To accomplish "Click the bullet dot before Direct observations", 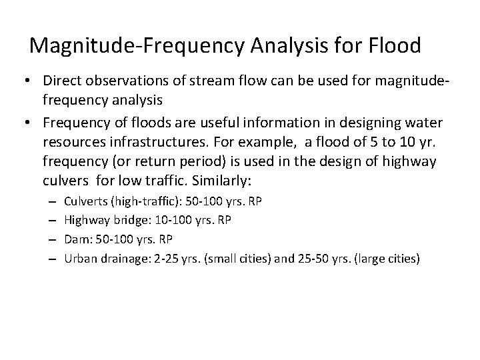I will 30,81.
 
